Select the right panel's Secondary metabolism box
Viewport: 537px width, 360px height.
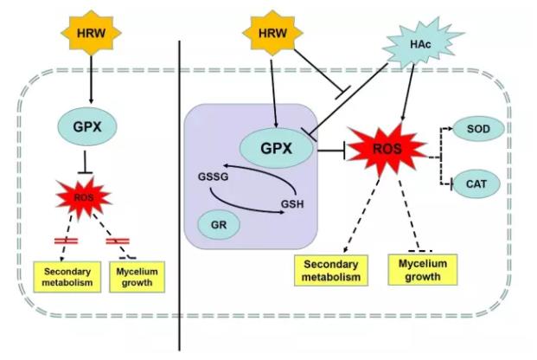(x=328, y=269)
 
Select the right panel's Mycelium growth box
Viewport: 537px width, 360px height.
(x=417, y=268)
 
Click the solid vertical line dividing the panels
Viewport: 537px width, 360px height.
(x=179, y=190)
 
